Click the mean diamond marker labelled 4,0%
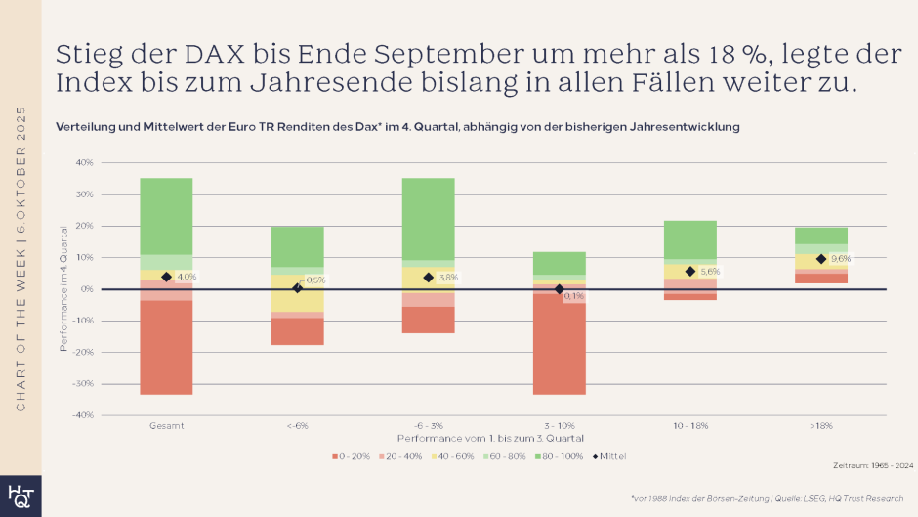click(166, 277)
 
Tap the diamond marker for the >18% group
click(821, 259)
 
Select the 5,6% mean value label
click(709, 272)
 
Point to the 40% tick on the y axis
click(84, 162)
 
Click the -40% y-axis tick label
click(83, 415)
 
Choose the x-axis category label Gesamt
click(166, 427)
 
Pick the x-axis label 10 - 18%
click(689, 427)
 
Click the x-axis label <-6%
click(297, 427)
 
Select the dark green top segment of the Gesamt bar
click(166, 216)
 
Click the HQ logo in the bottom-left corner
click(20, 495)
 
